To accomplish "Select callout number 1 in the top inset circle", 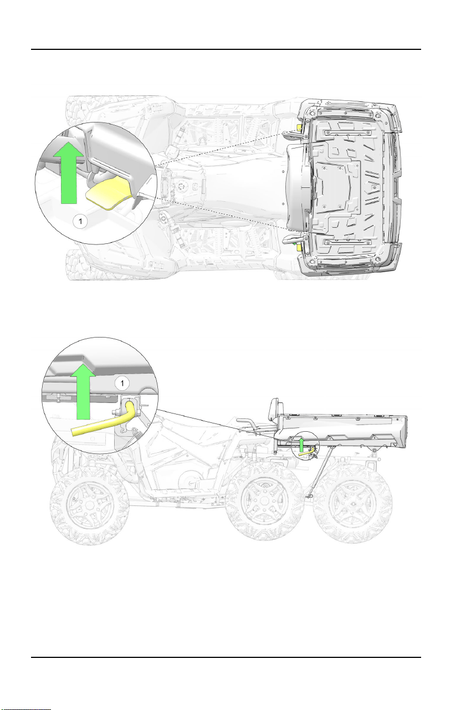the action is click(x=80, y=221).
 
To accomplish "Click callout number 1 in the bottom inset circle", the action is click(x=122, y=384).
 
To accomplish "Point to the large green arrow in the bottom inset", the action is click(x=83, y=393).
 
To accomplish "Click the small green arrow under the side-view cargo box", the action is click(x=301, y=445).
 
